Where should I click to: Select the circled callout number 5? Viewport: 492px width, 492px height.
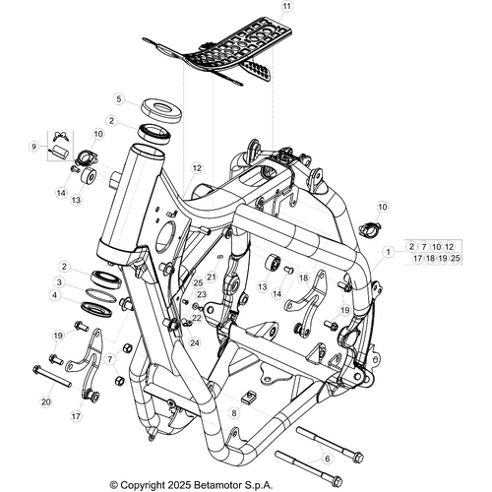tap(118, 99)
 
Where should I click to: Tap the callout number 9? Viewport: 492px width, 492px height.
tap(33, 147)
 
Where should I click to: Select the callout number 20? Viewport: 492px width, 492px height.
tap(45, 400)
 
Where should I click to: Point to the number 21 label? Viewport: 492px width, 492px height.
tap(211, 277)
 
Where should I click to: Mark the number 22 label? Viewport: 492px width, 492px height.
tap(196, 318)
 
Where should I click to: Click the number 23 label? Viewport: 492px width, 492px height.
tap(200, 294)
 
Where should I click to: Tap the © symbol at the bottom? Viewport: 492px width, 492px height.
tap(113, 484)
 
